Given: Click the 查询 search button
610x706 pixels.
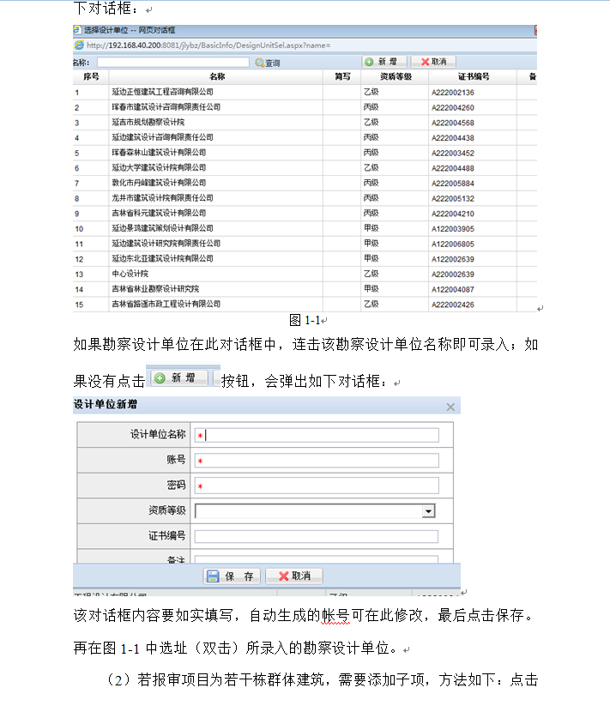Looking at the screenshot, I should (x=267, y=63).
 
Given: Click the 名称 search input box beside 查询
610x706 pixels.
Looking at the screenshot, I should (x=172, y=63).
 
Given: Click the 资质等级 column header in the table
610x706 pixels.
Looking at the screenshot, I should (x=396, y=76).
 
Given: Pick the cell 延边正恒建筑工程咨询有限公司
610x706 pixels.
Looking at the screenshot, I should (x=161, y=92).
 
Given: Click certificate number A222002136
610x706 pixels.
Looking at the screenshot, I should (x=453, y=92).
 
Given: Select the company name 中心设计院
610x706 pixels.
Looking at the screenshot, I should (x=130, y=274).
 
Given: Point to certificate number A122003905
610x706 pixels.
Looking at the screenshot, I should (x=453, y=228).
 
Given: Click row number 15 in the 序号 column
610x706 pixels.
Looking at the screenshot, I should (x=79, y=305).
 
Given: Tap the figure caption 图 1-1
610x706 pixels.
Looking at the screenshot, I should (x=305, y=320).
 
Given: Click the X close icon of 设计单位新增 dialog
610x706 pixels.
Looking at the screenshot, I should (x=450, y=407).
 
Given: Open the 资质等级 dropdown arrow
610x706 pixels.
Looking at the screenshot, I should (x=427, y=511).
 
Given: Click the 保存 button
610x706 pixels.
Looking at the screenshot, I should (x=232, y=576).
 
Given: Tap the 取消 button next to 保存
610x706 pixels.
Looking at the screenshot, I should (x=293, y=576).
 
